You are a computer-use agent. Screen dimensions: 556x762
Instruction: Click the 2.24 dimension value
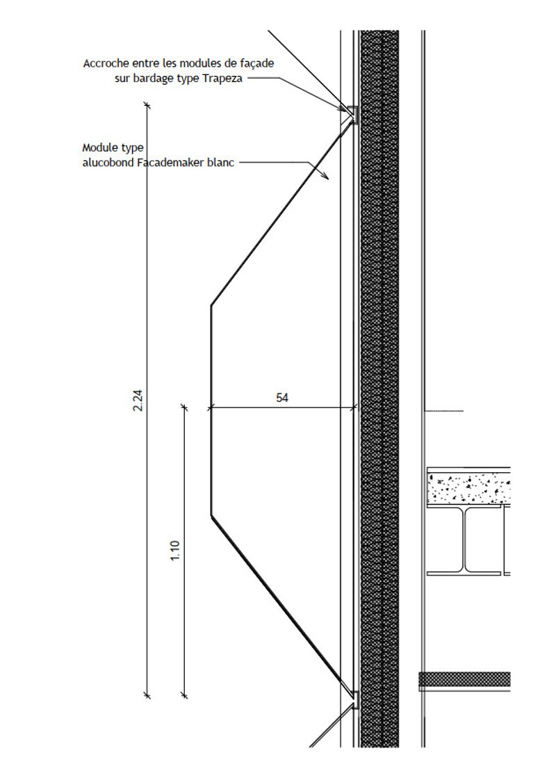[138, 400]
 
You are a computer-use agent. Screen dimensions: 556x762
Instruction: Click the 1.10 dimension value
[175, 550]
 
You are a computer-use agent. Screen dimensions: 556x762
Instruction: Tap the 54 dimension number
[282, 398]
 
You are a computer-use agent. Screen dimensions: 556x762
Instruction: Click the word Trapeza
[222, 79]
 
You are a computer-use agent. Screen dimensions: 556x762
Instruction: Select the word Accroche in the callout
[106, 63]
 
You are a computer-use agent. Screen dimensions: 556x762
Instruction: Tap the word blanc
[220, 162]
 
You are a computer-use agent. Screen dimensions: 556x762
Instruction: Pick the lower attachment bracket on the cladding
[353, 700]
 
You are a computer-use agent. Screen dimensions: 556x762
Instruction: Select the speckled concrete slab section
[469, 485]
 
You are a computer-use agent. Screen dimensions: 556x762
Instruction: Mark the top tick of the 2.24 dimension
[147, 105]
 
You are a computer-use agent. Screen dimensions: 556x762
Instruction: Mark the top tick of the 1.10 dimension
[184, 407]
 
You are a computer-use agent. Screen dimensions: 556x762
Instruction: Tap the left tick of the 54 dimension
[211, 408]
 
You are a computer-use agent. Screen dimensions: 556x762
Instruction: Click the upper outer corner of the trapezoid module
[211, 305]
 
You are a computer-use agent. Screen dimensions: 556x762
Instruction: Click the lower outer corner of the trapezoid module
[211, 514]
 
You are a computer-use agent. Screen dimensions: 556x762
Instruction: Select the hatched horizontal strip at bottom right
[465, 680]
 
